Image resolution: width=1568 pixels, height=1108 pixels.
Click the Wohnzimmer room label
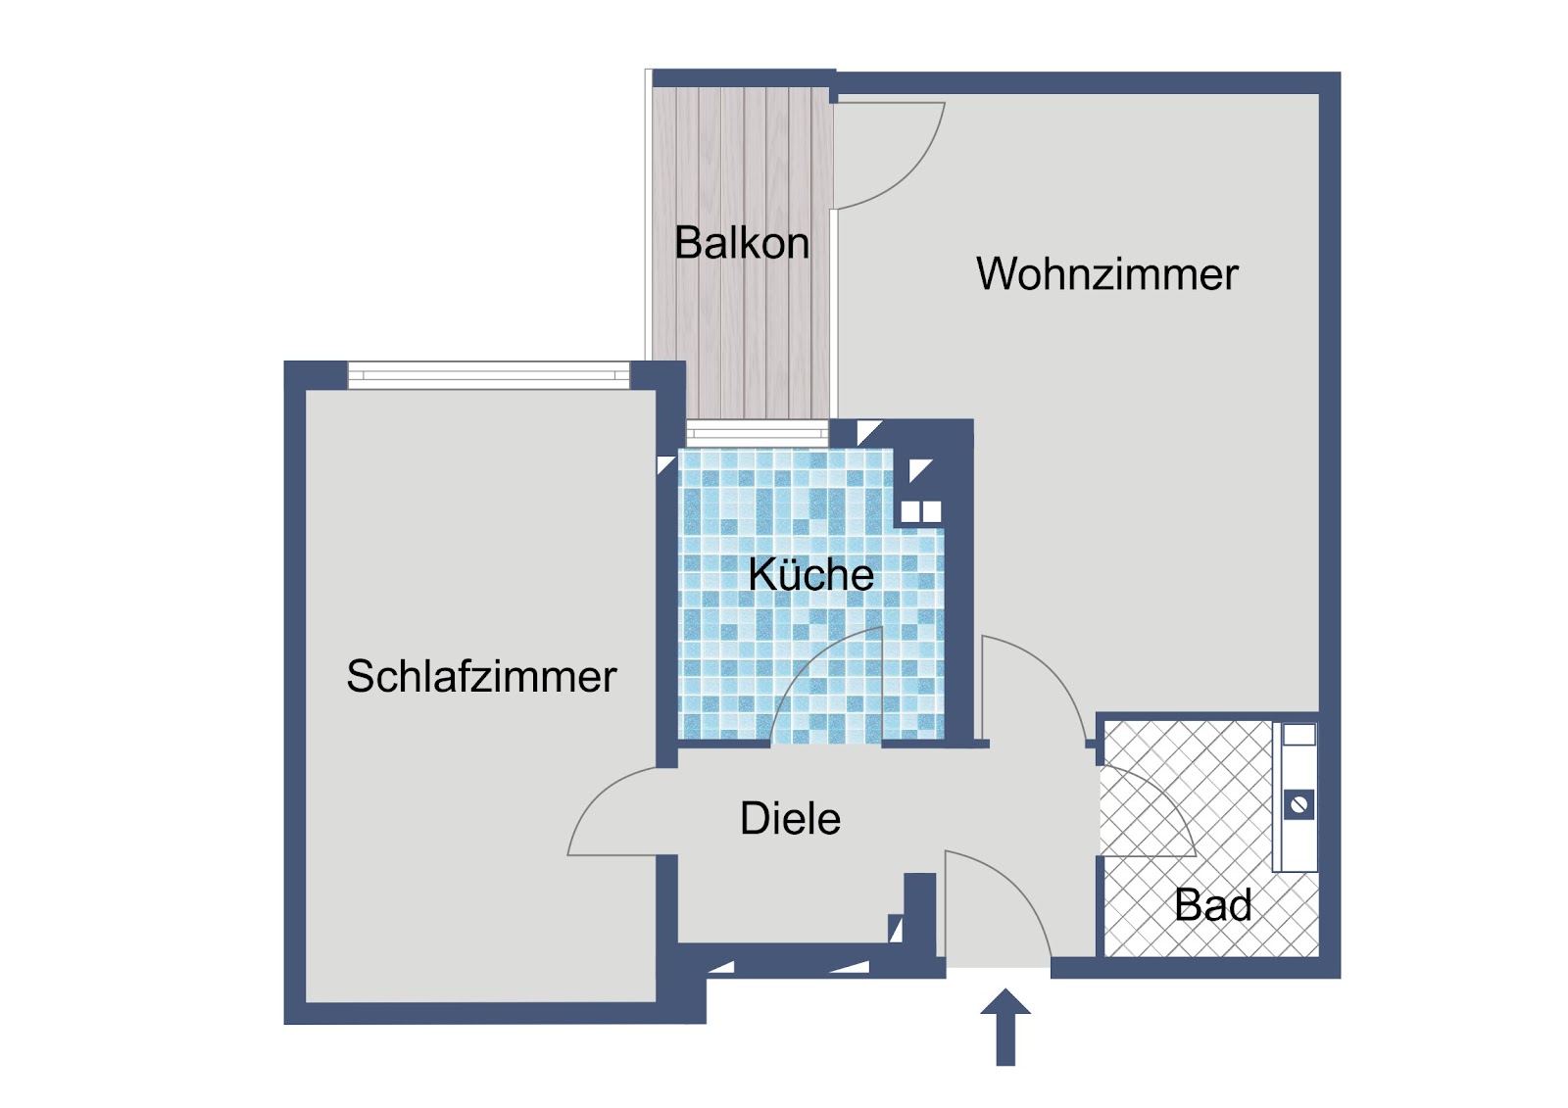click(x=1106, y=273)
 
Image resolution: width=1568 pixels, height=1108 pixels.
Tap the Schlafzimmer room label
click(x=481, y=677)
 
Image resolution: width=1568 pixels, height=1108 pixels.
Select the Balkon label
click(x=741, y=242)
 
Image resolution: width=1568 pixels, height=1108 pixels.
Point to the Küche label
click(x=810, y=574)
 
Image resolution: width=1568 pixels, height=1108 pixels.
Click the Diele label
click(x=790, y=817)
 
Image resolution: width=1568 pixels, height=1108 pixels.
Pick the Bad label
click(x=1213, y=905)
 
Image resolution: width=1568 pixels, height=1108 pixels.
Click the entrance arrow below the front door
click(x=1005, y=1027)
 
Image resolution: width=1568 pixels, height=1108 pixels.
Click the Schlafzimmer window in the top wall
click(x=489, y=375)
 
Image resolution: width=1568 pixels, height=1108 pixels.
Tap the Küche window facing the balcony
click(x=758, y=433)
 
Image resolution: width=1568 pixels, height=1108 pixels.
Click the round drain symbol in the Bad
click(x=1298, y=804)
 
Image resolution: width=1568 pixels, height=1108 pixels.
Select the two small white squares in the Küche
click(x=920, y=511)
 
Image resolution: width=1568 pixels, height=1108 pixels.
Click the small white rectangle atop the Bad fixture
click(x=1298, y=734)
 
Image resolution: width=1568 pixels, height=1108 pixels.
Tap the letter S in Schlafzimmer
click(x=362, y=676)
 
